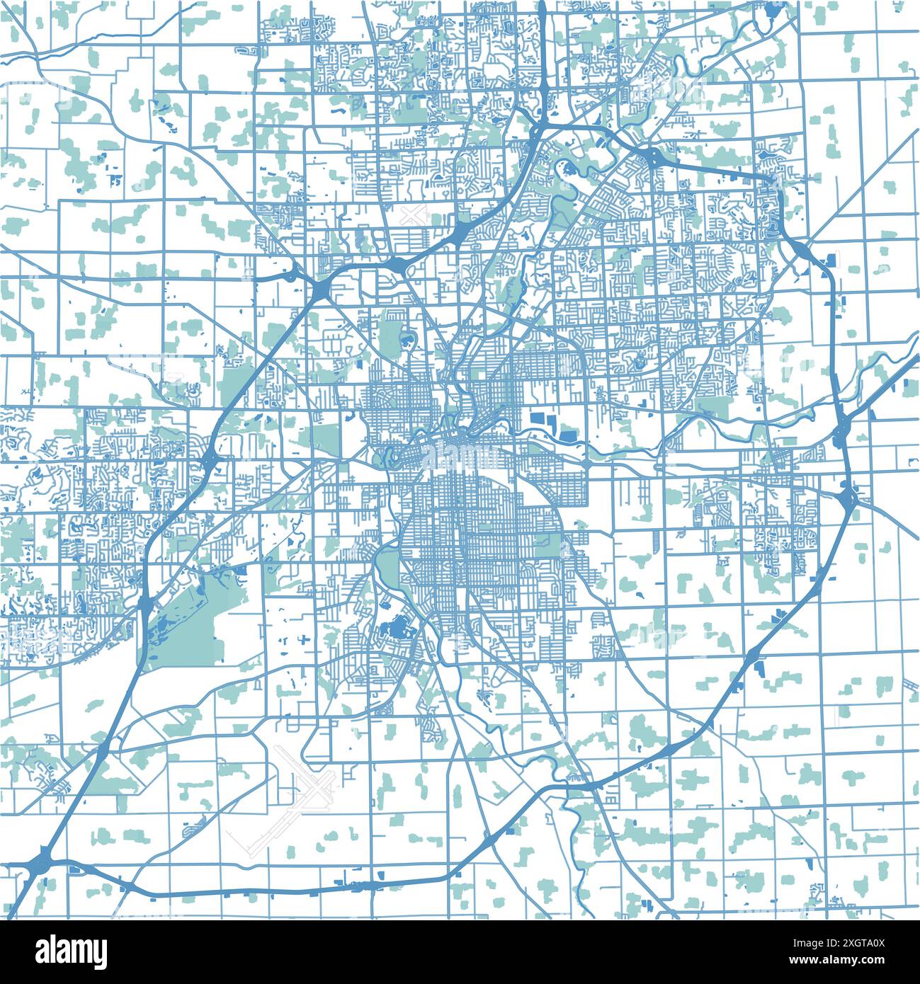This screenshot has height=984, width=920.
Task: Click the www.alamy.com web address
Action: [x=861, y=969]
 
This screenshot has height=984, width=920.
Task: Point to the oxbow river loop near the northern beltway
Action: [x=567, y=170]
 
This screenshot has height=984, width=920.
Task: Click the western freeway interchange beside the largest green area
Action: [x=145, y=605]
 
